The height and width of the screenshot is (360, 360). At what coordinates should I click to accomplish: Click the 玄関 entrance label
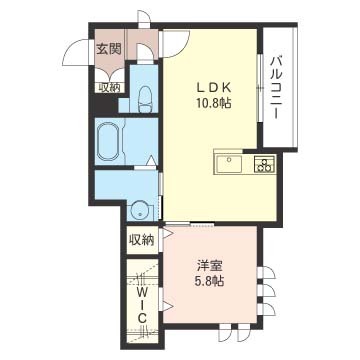click(109, 48)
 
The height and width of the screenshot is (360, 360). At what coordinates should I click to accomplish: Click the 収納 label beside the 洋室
click(141, 239)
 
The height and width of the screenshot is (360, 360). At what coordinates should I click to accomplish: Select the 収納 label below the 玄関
click(109, 87)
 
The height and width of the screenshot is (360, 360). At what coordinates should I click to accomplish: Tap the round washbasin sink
click(140, 210)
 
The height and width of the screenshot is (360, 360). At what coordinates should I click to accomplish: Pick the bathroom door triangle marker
click(151, 160)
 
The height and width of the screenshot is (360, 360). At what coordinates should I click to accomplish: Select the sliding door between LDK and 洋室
click(190, 221)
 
